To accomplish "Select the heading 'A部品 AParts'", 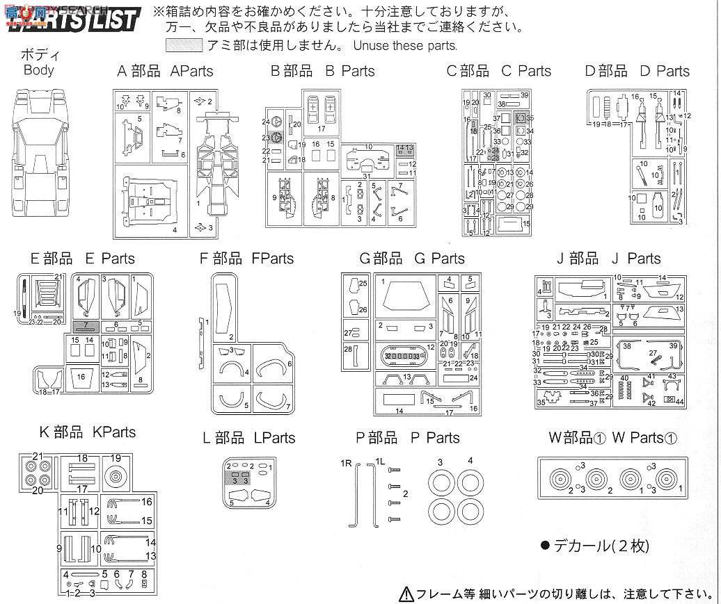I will [x=165, y=71].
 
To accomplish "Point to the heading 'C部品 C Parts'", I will [x=498, y=71].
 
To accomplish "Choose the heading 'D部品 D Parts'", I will [x=637, y=71].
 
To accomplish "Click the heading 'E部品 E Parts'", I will [x=82, y=259].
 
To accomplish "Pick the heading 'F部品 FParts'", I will [x=246, y=259].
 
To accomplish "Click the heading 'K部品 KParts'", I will [x=87, y=432].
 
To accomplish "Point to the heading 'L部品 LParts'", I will [x=248, y=438].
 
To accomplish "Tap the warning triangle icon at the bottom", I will [x=406, y=594].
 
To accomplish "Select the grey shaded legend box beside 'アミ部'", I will [x=184, y=46].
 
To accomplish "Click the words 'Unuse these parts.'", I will [x=405, y=47].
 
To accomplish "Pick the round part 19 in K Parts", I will [x=116, y=477].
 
